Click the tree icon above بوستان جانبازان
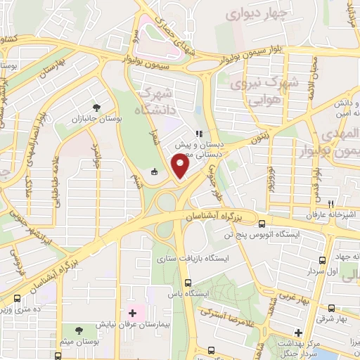tap(96, 108)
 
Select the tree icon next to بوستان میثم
tap(78, 328)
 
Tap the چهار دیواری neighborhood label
tap(257, 13)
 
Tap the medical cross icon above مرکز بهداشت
tap(298, 332)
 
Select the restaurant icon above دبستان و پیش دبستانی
tap(199, 133)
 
